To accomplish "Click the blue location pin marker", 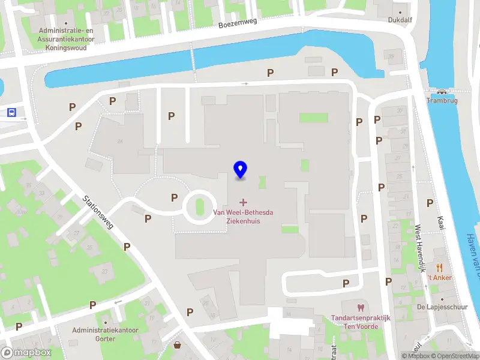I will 241,170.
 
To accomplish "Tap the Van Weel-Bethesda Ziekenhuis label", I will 243,216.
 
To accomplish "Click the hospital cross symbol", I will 243,202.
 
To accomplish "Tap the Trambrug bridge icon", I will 442,92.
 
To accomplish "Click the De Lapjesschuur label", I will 442,307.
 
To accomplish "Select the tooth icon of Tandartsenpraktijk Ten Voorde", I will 360,308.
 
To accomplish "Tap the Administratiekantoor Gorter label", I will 105,334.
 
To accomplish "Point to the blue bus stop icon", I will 11,112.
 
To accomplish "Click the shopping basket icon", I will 178,344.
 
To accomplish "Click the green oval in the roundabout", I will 200,206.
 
